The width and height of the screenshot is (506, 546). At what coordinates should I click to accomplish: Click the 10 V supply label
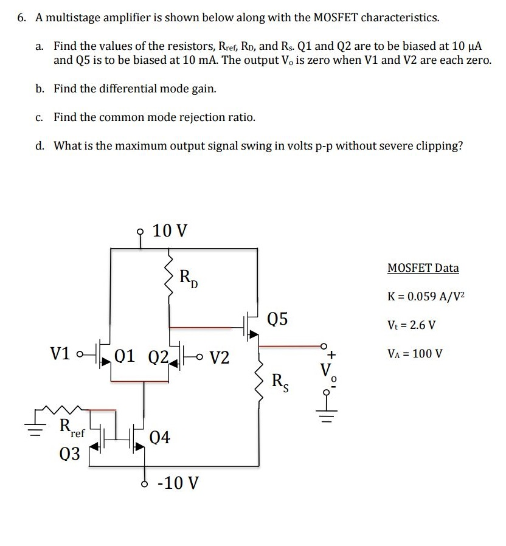tap(170, 231)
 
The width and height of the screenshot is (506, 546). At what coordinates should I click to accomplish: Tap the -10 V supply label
tap(178, 483)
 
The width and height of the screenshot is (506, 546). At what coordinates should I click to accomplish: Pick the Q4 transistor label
tap(160, 437)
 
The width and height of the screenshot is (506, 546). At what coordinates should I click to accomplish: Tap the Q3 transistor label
tap(70, 454)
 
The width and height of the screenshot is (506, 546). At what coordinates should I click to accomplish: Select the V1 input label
tap(62, 354)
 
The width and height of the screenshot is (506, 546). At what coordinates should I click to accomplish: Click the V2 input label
tap(220, 357)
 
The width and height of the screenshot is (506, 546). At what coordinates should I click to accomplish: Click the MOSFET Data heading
tap(423, 268)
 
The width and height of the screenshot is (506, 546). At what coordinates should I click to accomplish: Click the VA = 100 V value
tap(417, 353)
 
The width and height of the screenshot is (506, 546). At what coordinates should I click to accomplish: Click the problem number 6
tap(21, 18)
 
